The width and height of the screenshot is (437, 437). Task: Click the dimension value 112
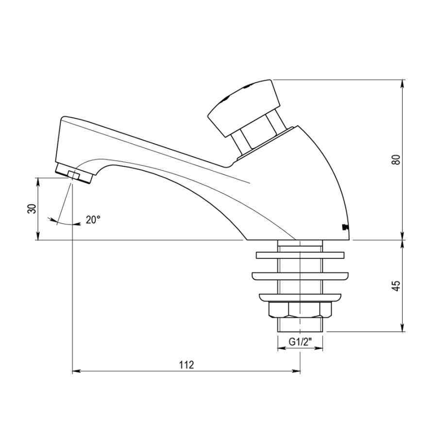(186, 365)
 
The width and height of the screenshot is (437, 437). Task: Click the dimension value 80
(396, 159)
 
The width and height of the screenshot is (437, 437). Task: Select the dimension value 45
(396, 286)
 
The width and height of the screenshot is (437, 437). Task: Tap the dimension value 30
(32, 209)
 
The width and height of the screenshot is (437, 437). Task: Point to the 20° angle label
(93, 219)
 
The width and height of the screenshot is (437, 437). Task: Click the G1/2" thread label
(300, 342)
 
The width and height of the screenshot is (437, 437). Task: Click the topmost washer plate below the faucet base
(300, 254)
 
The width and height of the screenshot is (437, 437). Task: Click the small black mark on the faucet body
(344, 226)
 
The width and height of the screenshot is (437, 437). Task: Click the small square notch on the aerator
(74, 175)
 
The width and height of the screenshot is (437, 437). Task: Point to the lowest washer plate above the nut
(300, 297)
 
